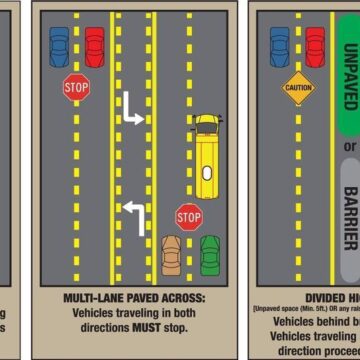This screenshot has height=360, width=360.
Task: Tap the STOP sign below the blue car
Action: click(x=77, y=88)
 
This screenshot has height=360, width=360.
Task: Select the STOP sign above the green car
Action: click(x=189, y=215)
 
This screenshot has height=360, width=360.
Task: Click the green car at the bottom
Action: click(x=210, y=256)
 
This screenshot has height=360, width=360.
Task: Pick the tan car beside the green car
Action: click(x=172, y=256)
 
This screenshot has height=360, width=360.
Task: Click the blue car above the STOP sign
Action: click(x=60, y=46)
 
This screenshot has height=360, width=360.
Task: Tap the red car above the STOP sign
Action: click(x=94, y=46)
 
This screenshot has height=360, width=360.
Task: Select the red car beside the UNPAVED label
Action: click(x=315, y=46)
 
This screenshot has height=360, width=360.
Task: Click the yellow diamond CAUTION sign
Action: click(x=298, y=88)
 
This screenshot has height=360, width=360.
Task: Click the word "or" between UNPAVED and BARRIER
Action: click(x=350, y=147)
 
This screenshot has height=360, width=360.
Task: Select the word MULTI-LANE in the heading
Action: click(x=91, y=298)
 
